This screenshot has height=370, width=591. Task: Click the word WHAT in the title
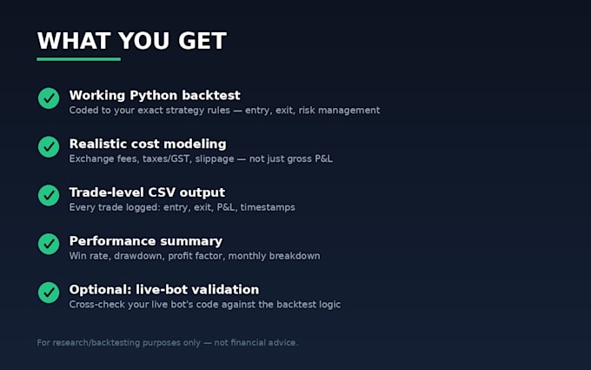click(74, 41)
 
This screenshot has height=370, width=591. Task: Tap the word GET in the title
click(203, 41)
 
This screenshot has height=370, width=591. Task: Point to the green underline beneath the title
click(79, 59)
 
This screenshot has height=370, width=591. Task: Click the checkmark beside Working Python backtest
click(49, 98)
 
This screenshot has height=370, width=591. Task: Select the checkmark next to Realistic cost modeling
click(49, 147)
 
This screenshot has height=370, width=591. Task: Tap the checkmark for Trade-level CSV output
click(49, 195)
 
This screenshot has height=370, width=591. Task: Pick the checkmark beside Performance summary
click(49, 244)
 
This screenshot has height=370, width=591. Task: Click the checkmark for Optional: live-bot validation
click(49, 293)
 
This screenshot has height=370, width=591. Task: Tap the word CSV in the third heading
click(162, 192)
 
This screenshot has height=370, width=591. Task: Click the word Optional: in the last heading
click(100, 290)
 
